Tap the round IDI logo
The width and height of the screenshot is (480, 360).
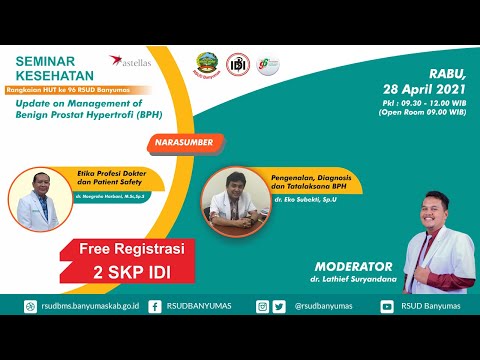pos(238,66)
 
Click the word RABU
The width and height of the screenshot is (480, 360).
pos(449,70)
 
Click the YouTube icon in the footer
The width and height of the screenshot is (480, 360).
pos(387,307)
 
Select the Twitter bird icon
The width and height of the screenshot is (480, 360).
pos(279,307)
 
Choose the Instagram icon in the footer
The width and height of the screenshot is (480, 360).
pos(263,307)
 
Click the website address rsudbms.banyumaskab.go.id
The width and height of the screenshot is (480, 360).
pos(87,307)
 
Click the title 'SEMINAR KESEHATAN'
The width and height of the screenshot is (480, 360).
pos(55,68)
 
